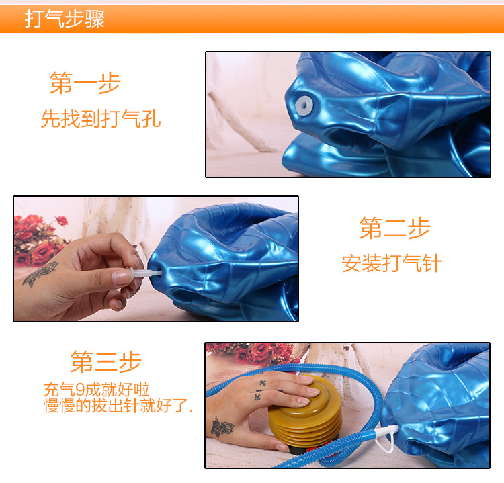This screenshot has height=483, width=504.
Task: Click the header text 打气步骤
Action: (x=65, y=19)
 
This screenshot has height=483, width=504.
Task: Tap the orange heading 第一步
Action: (x=85, y=84)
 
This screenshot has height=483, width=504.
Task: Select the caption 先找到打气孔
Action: (x=101, y=120)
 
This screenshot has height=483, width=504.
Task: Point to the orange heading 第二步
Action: (x=394, y=228)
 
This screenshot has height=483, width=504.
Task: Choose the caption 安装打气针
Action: (x=391, y=263)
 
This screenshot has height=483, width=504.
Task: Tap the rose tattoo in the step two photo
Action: (x=40, y=273)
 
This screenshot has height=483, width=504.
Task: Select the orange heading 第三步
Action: (x=106, y=361)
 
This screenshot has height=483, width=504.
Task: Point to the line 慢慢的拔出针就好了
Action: (x=118, y=405)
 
